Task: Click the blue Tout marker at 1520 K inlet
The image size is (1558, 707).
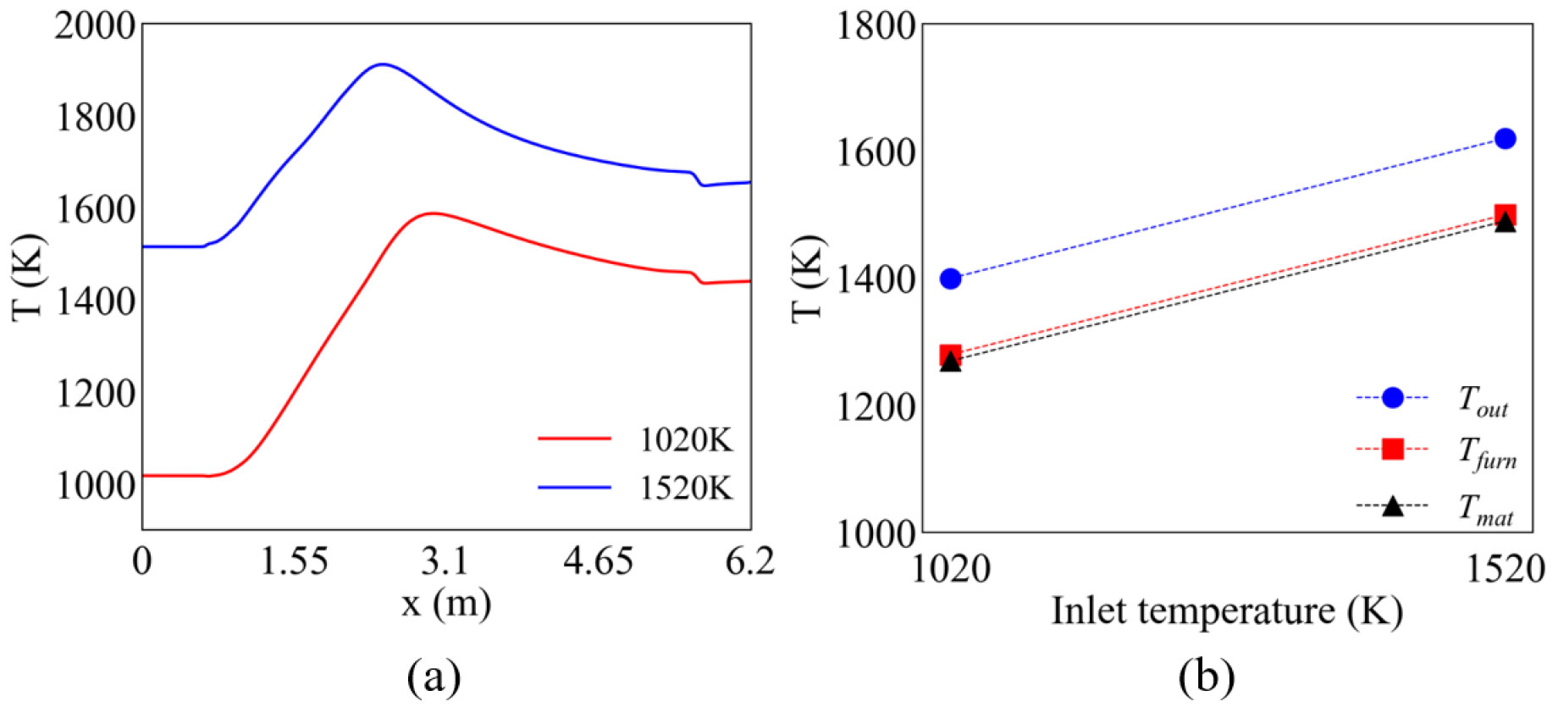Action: tap(1505, 139)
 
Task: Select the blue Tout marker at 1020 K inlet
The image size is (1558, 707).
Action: tap(951, 279)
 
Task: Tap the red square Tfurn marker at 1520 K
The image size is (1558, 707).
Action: tap(1505, 214)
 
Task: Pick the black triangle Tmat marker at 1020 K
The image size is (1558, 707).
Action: tap(951, 362)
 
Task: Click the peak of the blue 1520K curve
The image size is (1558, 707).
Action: tap(383, 64)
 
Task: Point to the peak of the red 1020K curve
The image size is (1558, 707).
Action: tap(433, 213)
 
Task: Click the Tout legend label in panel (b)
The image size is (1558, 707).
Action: tap(1483, 399)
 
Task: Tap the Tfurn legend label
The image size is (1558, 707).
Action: tap(1486, 451)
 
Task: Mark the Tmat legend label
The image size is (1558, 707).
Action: tap(1484, 509)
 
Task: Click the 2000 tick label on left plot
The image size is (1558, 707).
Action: tap(95, 25)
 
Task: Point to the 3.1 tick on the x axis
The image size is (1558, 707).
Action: tap(445, 561)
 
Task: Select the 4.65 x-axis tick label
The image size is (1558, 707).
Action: tap(598, 561)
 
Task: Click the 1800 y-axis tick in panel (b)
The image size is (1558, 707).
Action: tap(876, 25)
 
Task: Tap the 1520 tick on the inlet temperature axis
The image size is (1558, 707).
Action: tap(1505, 569)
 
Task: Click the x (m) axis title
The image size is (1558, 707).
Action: tap(446, 605)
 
